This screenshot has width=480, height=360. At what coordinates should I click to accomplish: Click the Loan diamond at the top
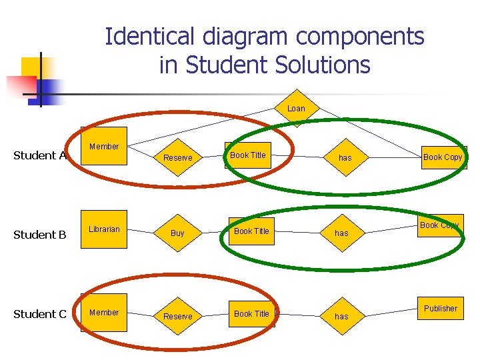[x=296, y=108]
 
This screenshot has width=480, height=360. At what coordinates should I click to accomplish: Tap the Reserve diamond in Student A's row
[x=177, y=157]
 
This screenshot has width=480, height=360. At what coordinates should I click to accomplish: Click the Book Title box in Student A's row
[x=249, y=155]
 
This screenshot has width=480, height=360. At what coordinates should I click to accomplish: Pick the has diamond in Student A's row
[x=345, y=157]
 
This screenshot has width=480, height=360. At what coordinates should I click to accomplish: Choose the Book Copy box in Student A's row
[x=443, y=157]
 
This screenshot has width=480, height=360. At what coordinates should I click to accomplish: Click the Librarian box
[x=104, y=229]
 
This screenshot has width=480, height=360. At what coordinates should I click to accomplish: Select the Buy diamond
[x=177, y=233]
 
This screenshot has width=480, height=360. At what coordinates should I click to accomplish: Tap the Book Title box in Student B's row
[x=251, y=231]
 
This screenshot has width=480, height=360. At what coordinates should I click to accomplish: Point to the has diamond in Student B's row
[x=341, y=233]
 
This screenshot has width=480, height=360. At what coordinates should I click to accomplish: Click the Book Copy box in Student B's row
[x=440, y=225]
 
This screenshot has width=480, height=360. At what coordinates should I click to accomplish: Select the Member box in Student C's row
[x=104, y=313]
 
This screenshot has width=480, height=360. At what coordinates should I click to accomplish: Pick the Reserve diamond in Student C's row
[x=177, y=316]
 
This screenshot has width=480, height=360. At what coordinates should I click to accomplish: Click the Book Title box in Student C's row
[x=251, y=314]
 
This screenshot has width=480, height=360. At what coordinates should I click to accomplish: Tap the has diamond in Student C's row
[x=341, y=316]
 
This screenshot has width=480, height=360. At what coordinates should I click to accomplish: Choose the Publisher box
[x=441, y=309]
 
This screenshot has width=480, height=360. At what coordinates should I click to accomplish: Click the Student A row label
[x=40, y=155]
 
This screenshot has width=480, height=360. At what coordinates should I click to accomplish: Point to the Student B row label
[x=40, y=235]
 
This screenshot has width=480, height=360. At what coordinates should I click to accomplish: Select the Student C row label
[x=40, y=314]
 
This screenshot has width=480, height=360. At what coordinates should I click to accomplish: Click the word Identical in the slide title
[x=149, y=36]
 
